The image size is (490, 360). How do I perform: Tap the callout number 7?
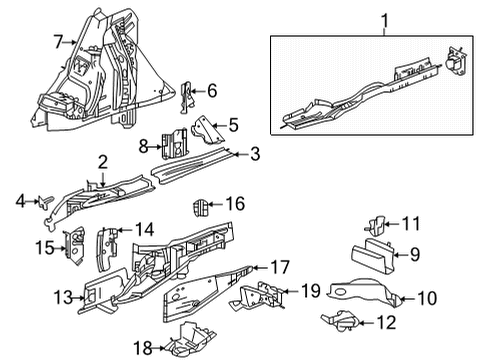58,41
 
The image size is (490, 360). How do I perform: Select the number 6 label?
212,91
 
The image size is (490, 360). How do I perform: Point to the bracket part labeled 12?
341,321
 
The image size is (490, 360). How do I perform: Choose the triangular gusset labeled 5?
206,130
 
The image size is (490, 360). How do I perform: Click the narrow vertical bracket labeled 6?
185,95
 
